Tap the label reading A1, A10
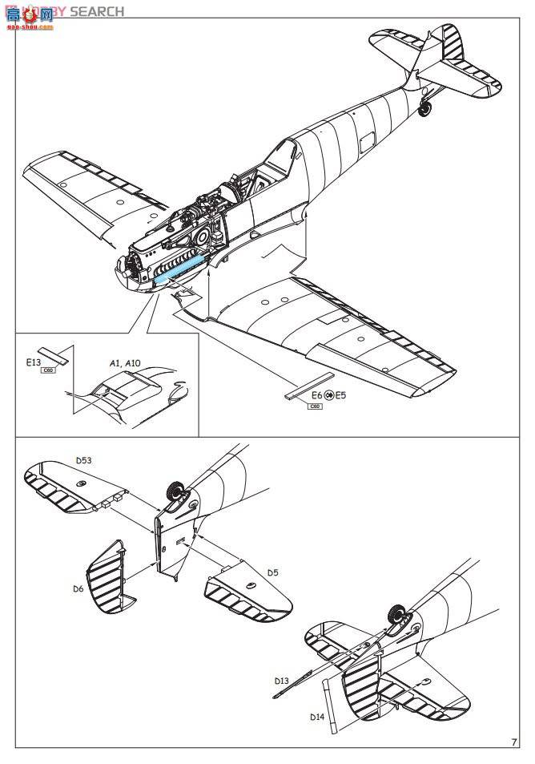124,363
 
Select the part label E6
316,395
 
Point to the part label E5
340,395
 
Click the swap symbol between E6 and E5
328,395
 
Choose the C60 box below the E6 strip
316,406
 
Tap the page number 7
513,742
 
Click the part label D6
78,589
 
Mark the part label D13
281,681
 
